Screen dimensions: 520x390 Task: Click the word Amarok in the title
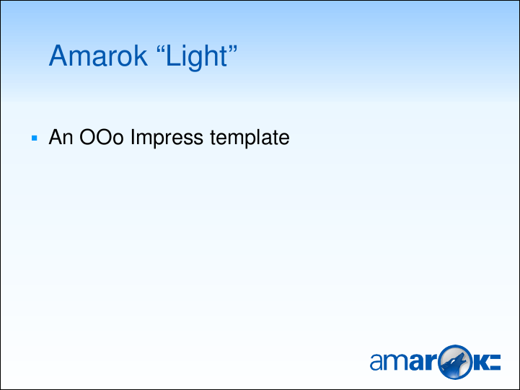pyautogui.click(x=98, y=56)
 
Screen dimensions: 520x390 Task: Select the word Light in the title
pyautogui.click(x=197, y=58)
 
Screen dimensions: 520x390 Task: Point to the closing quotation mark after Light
pyautogui.click(x=233, y=49)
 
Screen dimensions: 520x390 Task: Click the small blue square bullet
pyautogui.click(x=35, y=138)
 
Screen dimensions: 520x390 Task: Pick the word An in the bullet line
pyautogui.click(x=61, y=137)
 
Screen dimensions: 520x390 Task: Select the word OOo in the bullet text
pyautogui.click(x=102, y=137)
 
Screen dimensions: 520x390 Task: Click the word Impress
pyautogui.click(x=167, y=138)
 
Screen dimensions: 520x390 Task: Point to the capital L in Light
pyautogui.click(x=172, y=56)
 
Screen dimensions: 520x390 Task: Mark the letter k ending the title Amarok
pyautogui.click(x=141, y=56)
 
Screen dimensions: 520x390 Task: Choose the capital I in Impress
pyautogui.click(x=133, y=137)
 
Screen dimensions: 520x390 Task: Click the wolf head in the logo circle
pyautogui.click(x=454, y=364)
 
